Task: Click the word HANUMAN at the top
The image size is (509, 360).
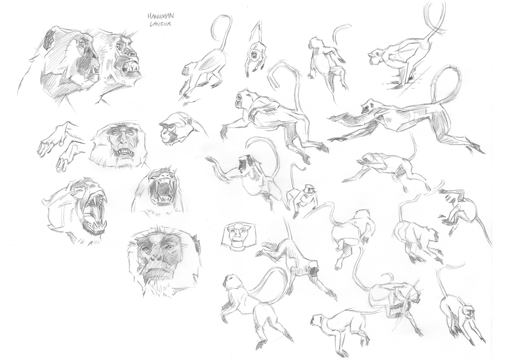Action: (156, 16)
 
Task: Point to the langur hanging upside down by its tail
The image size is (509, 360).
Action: (256, 49)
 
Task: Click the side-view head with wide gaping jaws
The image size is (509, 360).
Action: (78, 211)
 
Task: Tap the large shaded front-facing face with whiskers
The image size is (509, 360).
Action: (165, 260)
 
